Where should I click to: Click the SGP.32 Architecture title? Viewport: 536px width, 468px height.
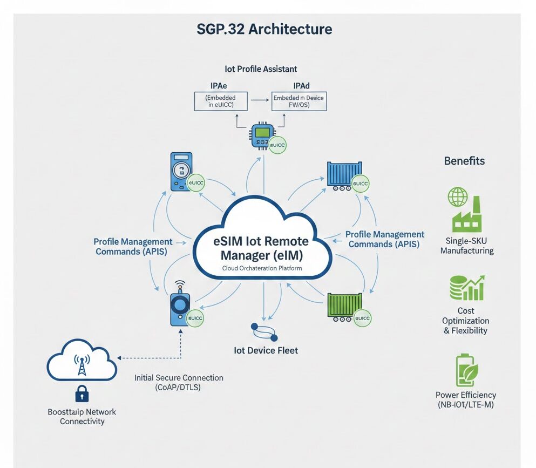pyautogui.click(x=264, y=29)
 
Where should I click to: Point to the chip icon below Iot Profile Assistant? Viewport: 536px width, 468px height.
pyautogui.click(x=262, y=138)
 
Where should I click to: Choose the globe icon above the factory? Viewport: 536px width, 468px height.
pyautogui.click(x=458, y=197)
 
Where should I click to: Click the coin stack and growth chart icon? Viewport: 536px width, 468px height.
pyautogui.click(x=466, y=287)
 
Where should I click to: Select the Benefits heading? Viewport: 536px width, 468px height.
pyautogui.click(x=464, y=161)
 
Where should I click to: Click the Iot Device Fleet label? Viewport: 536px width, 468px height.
pyautogui.click(x=266, y=350)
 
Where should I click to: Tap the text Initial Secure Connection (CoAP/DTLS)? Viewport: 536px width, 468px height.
pyautogui.click(x=179, y=383)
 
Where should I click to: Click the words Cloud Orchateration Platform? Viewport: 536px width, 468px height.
pyautogui.click(x=262, y=268)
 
